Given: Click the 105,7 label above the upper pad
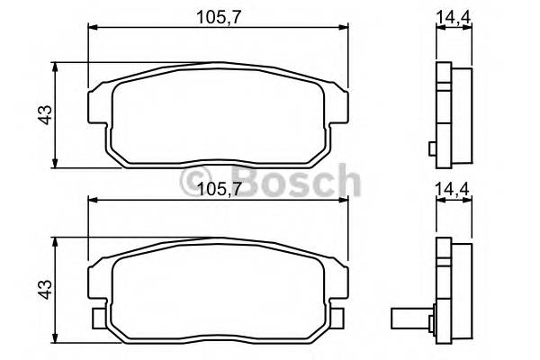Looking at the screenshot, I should point(217,15).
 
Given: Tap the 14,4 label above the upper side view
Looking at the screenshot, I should point(454,15).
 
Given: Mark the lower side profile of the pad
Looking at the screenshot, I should point(453,291).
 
